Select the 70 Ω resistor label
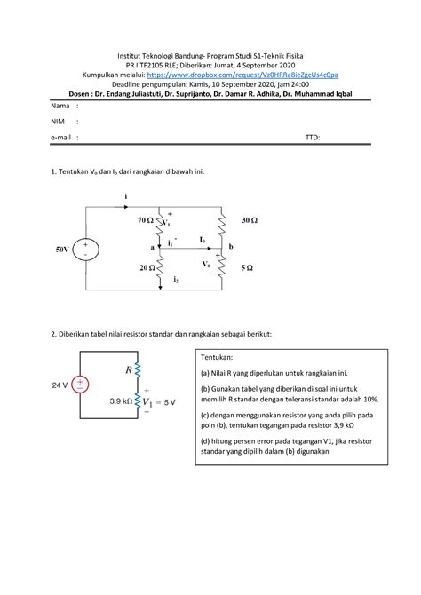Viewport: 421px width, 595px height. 145,218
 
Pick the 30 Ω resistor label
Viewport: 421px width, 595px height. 250,218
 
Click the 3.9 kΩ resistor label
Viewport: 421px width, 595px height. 116,401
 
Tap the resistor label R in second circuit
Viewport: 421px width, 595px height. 130,368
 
